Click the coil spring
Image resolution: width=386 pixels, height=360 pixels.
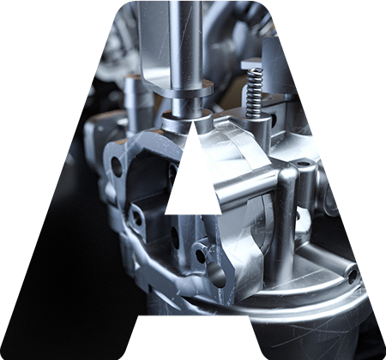click(255, 93)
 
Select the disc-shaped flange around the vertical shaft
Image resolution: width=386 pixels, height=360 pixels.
click(185, 87)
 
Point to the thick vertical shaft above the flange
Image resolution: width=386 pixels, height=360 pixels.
click(186, 43)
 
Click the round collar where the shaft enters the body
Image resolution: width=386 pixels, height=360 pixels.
click(187, 122)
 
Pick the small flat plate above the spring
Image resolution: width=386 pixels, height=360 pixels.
click(251, 63)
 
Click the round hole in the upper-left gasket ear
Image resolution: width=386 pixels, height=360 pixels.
click(117, 166)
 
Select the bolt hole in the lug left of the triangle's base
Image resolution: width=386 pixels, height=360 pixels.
click(137, 219)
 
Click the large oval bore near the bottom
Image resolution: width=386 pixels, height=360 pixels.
click(217, 275)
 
